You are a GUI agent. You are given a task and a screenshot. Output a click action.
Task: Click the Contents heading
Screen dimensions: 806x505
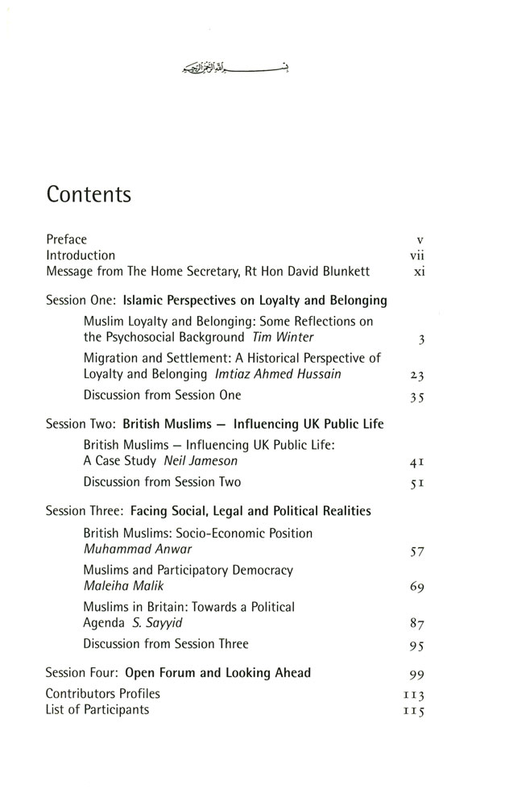point(89,196)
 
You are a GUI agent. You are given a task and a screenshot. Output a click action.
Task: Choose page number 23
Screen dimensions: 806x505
point(416,376)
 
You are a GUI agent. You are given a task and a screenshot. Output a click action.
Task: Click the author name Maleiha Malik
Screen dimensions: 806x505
point(121,586)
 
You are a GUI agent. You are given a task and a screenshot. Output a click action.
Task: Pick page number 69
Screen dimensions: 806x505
point(416,588)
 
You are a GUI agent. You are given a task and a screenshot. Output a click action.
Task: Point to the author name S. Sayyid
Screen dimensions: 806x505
point(165,622)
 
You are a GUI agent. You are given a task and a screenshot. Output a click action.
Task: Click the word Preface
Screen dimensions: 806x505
point(66,239)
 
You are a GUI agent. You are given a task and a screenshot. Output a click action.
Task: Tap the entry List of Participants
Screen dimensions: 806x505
point(97,709)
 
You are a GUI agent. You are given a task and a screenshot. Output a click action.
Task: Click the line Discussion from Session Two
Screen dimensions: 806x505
point(162,482)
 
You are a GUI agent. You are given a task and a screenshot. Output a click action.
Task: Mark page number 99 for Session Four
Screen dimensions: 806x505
point(416,674)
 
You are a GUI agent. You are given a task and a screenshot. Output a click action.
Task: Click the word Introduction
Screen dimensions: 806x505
point(81,255)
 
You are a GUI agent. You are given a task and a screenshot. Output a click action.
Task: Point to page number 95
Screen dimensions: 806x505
point(416,645)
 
